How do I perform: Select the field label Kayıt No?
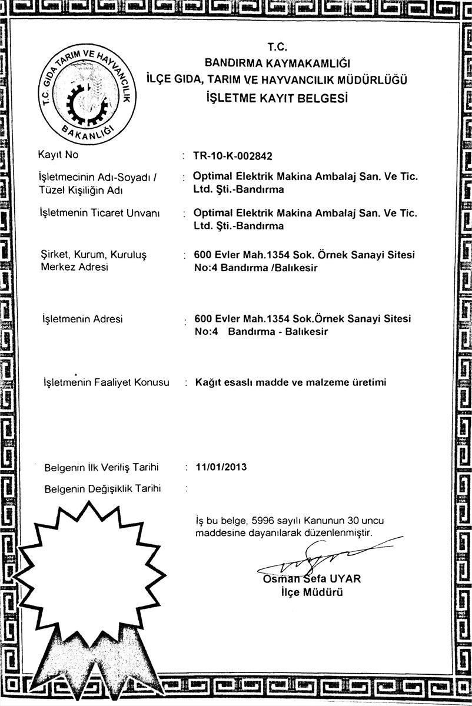coord(58,155)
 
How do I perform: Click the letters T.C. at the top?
coord(276,46)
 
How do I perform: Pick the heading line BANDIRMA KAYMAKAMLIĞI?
coord(277,62)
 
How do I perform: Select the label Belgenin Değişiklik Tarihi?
coord(103,488)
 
